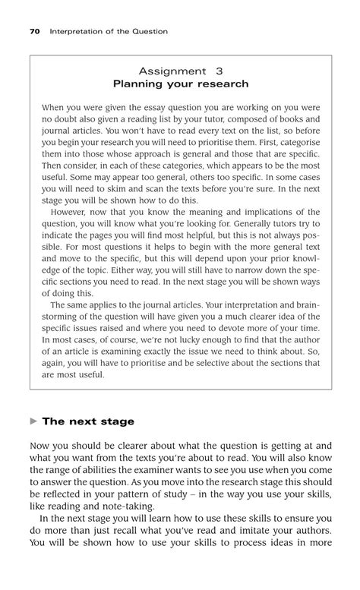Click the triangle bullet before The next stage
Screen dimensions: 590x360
[33, 421]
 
